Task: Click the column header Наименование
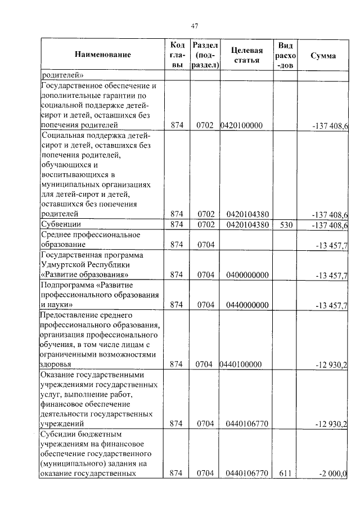[103, 55]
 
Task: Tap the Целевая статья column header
[247, 55]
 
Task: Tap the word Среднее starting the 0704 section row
[58, 235]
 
